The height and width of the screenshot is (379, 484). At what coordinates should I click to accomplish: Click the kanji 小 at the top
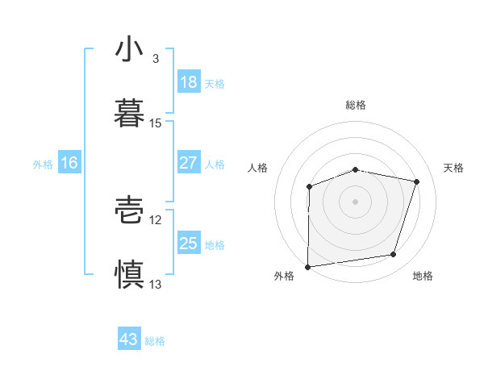(x=129, y=51)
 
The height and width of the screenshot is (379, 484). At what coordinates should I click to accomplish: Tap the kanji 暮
(x=129, y=114)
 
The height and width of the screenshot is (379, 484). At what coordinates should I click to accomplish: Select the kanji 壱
(x=129, y=211)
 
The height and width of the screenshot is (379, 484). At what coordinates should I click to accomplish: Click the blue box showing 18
(x=188, y=82)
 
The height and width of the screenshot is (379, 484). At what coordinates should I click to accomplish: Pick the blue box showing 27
(x=188, y=164)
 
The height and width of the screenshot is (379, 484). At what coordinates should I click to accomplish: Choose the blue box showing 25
(x=188, y=244)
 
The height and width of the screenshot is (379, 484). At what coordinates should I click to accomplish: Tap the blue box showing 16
(x=69, y=164)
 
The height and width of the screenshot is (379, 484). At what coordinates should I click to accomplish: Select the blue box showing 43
(x=129, y=339)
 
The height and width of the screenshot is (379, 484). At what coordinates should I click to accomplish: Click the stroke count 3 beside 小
(x=155, y=59)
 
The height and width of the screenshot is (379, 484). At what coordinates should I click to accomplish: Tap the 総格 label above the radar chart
(x=356, y=105)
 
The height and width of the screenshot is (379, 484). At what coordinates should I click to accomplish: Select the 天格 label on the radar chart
(x=454, y=168)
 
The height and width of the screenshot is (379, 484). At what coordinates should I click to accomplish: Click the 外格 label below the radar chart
(x=284, y=276)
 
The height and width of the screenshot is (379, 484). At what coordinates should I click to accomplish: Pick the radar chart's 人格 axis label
(x=259, y=168)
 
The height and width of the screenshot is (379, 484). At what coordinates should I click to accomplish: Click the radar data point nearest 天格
(x=417, y=182)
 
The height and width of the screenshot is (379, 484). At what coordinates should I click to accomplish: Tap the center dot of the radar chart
(x=356, y=201)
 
